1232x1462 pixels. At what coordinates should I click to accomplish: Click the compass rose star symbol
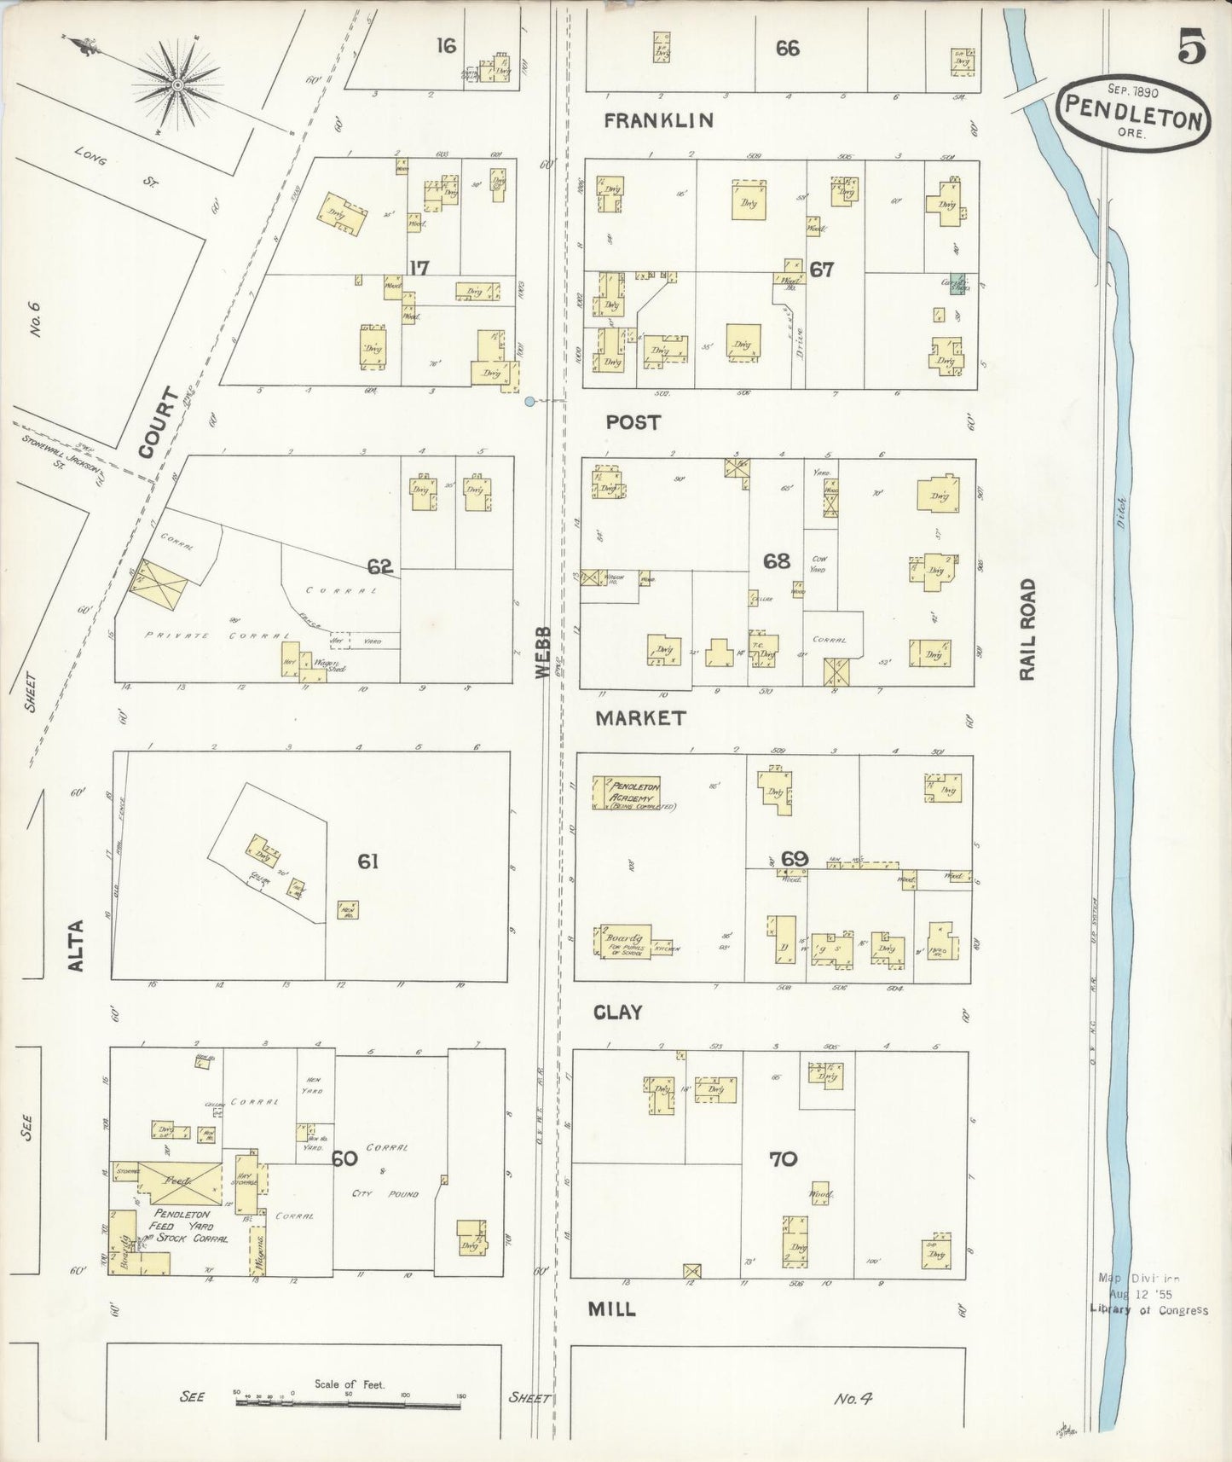point(177,84)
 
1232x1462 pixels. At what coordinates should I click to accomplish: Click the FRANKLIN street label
point(658,121)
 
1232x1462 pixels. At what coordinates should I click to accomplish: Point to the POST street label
point(633,422)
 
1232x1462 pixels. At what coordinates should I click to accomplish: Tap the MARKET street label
point(639,718)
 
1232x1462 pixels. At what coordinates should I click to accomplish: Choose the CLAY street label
point(617,1012)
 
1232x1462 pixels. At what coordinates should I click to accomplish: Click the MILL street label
point(612,1308)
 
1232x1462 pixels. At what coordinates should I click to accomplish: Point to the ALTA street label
point(77,944)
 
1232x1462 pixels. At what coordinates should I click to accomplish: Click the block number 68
point(776,561)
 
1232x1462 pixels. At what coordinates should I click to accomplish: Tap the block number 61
point(367,862)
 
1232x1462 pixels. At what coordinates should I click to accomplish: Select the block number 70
point(783,1158)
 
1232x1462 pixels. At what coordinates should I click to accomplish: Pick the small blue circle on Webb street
point(529,401)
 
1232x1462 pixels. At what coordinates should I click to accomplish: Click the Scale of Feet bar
point(350,1398)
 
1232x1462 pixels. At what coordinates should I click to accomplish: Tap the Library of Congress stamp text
point(1148,1309)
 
